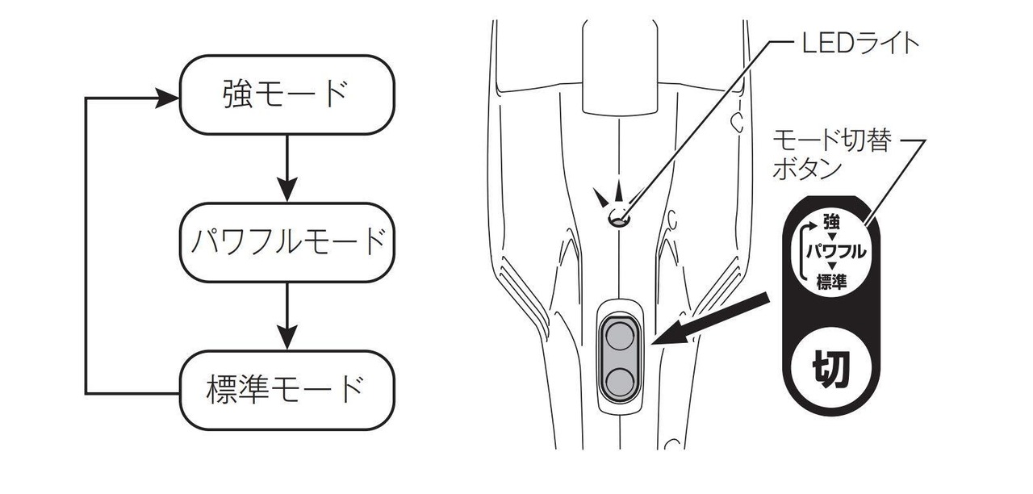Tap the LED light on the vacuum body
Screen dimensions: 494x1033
(x=619, y=217)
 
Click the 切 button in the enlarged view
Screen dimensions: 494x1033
(x=829, y=370)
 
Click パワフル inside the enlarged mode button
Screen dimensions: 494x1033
(x=836, y=250)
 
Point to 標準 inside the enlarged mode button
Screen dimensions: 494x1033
(x=831, y=281)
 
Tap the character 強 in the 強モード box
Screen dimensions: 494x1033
(x=236, y=94)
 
